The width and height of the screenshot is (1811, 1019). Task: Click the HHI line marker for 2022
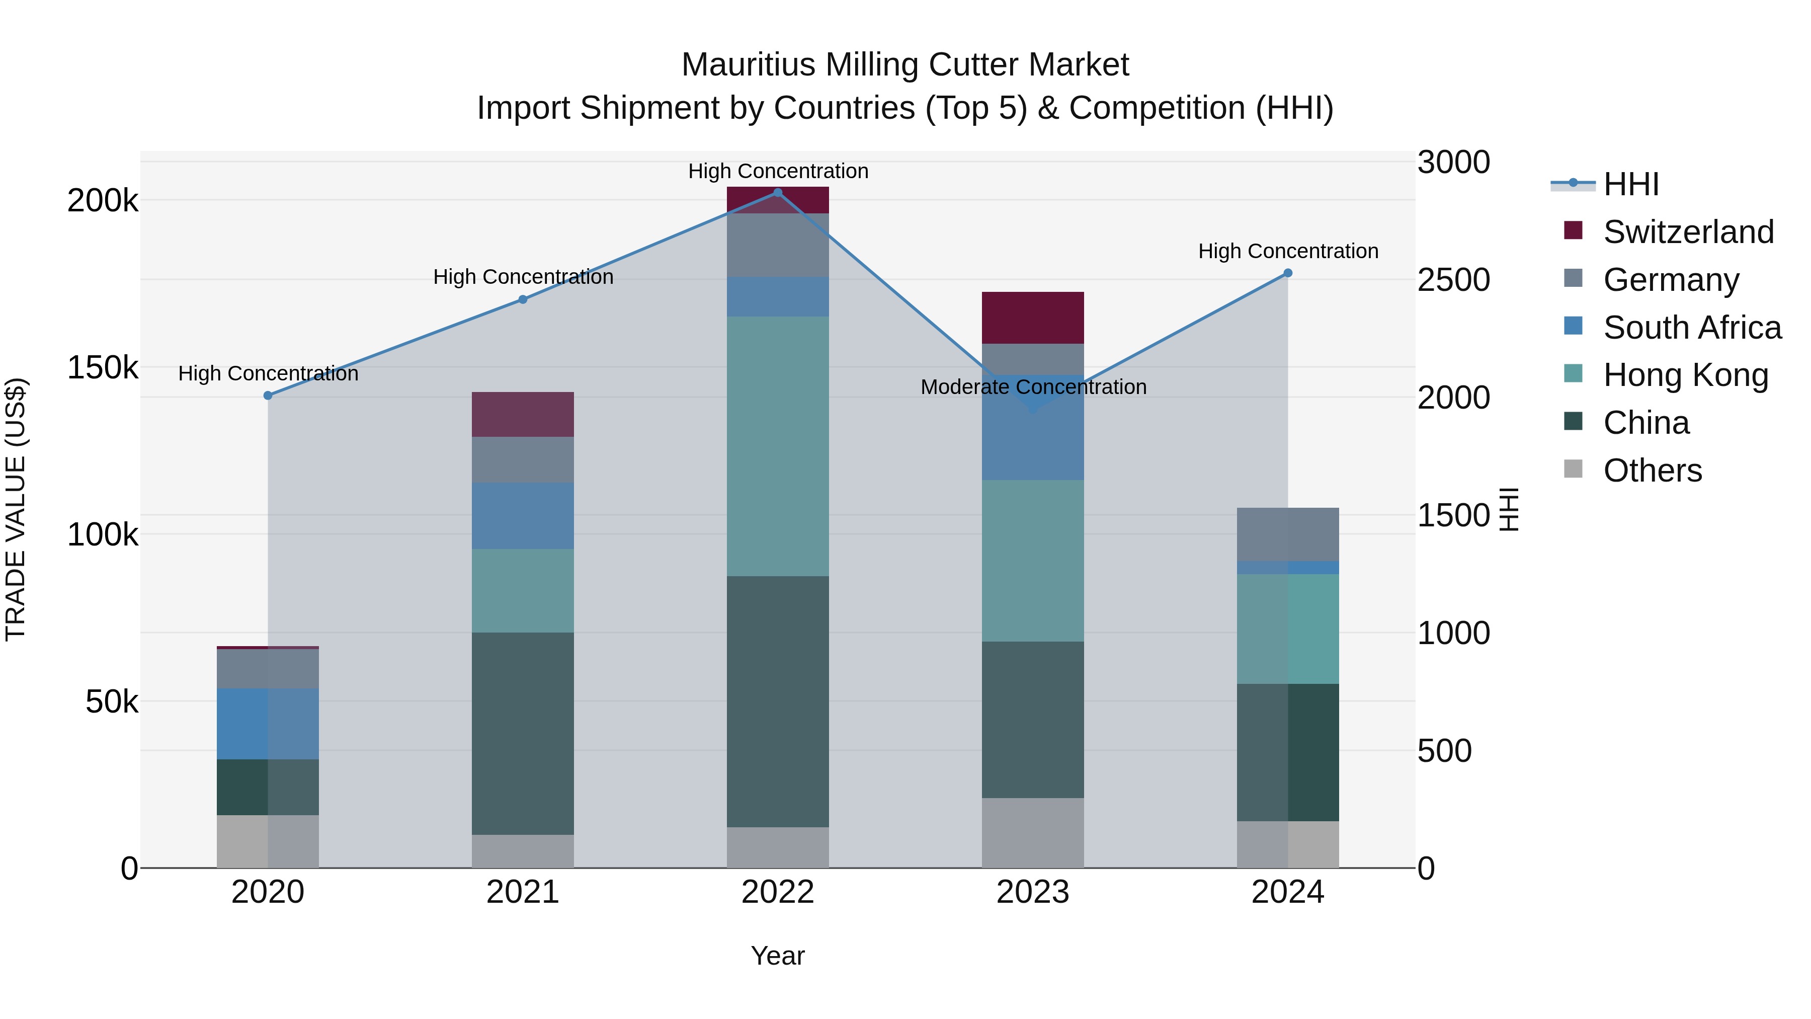[778, 193]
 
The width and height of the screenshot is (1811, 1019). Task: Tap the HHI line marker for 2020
[268, 396]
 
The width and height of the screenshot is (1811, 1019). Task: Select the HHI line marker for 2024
[1288, 273]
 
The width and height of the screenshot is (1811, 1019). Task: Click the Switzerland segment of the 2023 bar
[1033, 318]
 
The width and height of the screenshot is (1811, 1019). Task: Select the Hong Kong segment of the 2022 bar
[778, 446]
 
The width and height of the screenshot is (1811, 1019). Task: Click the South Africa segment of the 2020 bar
[268, 724]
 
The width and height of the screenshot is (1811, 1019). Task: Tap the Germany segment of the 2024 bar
[1288, 534]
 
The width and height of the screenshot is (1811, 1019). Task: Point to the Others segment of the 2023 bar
[1033, 833]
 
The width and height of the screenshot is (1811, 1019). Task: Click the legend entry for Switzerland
[1687, 232]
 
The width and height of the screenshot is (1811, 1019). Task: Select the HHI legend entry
[1630, 184]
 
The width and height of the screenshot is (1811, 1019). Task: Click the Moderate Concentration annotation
[1033, 387]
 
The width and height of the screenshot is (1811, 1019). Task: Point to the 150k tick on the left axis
[103, 368]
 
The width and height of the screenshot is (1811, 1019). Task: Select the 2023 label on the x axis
[1033, 892]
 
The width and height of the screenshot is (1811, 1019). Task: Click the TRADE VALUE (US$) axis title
[16, 509]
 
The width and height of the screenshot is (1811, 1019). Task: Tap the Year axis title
[778, 956]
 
